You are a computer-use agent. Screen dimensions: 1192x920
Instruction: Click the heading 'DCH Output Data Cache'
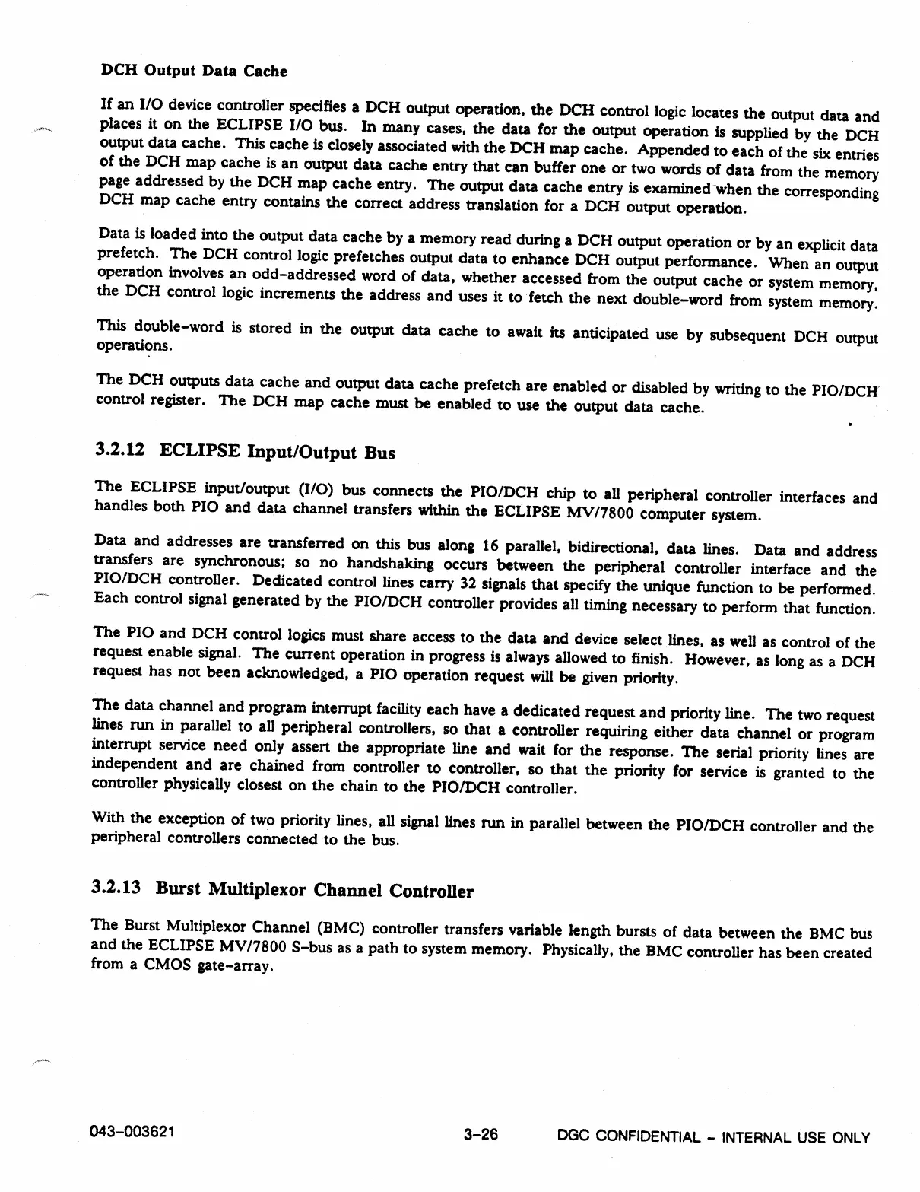tap(194, 72)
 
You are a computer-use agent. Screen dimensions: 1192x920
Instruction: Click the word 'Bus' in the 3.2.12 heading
tap(379, 453)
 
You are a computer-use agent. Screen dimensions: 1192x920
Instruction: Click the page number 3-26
tap(481, 1135)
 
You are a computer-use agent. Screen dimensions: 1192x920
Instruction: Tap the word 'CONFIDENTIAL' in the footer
tap(648, 1137)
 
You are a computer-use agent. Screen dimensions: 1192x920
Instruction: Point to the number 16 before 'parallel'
tap(490, 545)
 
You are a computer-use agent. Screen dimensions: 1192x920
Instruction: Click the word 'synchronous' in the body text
tap(230, 562)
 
